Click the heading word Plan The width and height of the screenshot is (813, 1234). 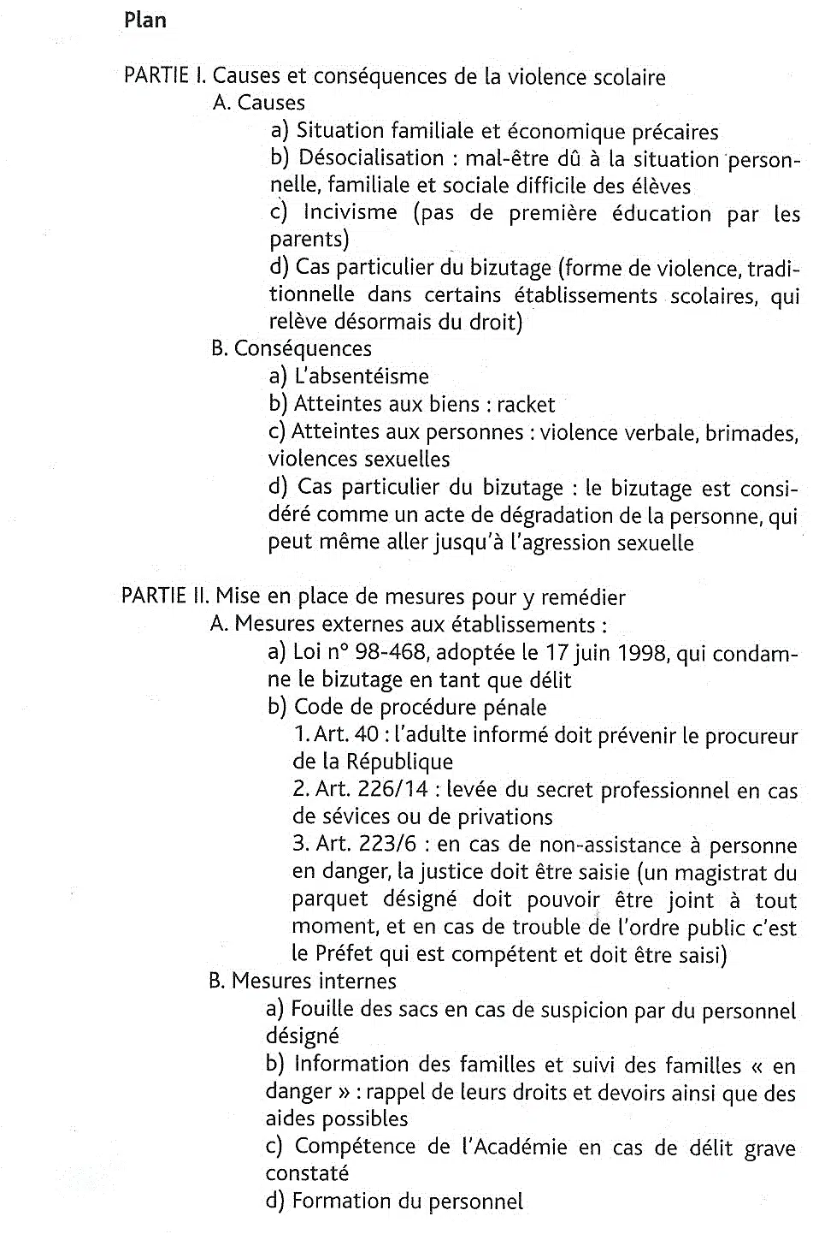click(145, 20)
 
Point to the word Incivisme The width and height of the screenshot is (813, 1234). click(351, 213)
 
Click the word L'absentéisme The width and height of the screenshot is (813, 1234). click(361, 377)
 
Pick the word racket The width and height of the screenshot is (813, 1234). click(526, 405)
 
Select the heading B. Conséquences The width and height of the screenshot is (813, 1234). click(292, 349)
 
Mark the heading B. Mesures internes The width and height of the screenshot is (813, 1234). click(303, 982)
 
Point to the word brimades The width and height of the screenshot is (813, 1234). click(748, 433)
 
